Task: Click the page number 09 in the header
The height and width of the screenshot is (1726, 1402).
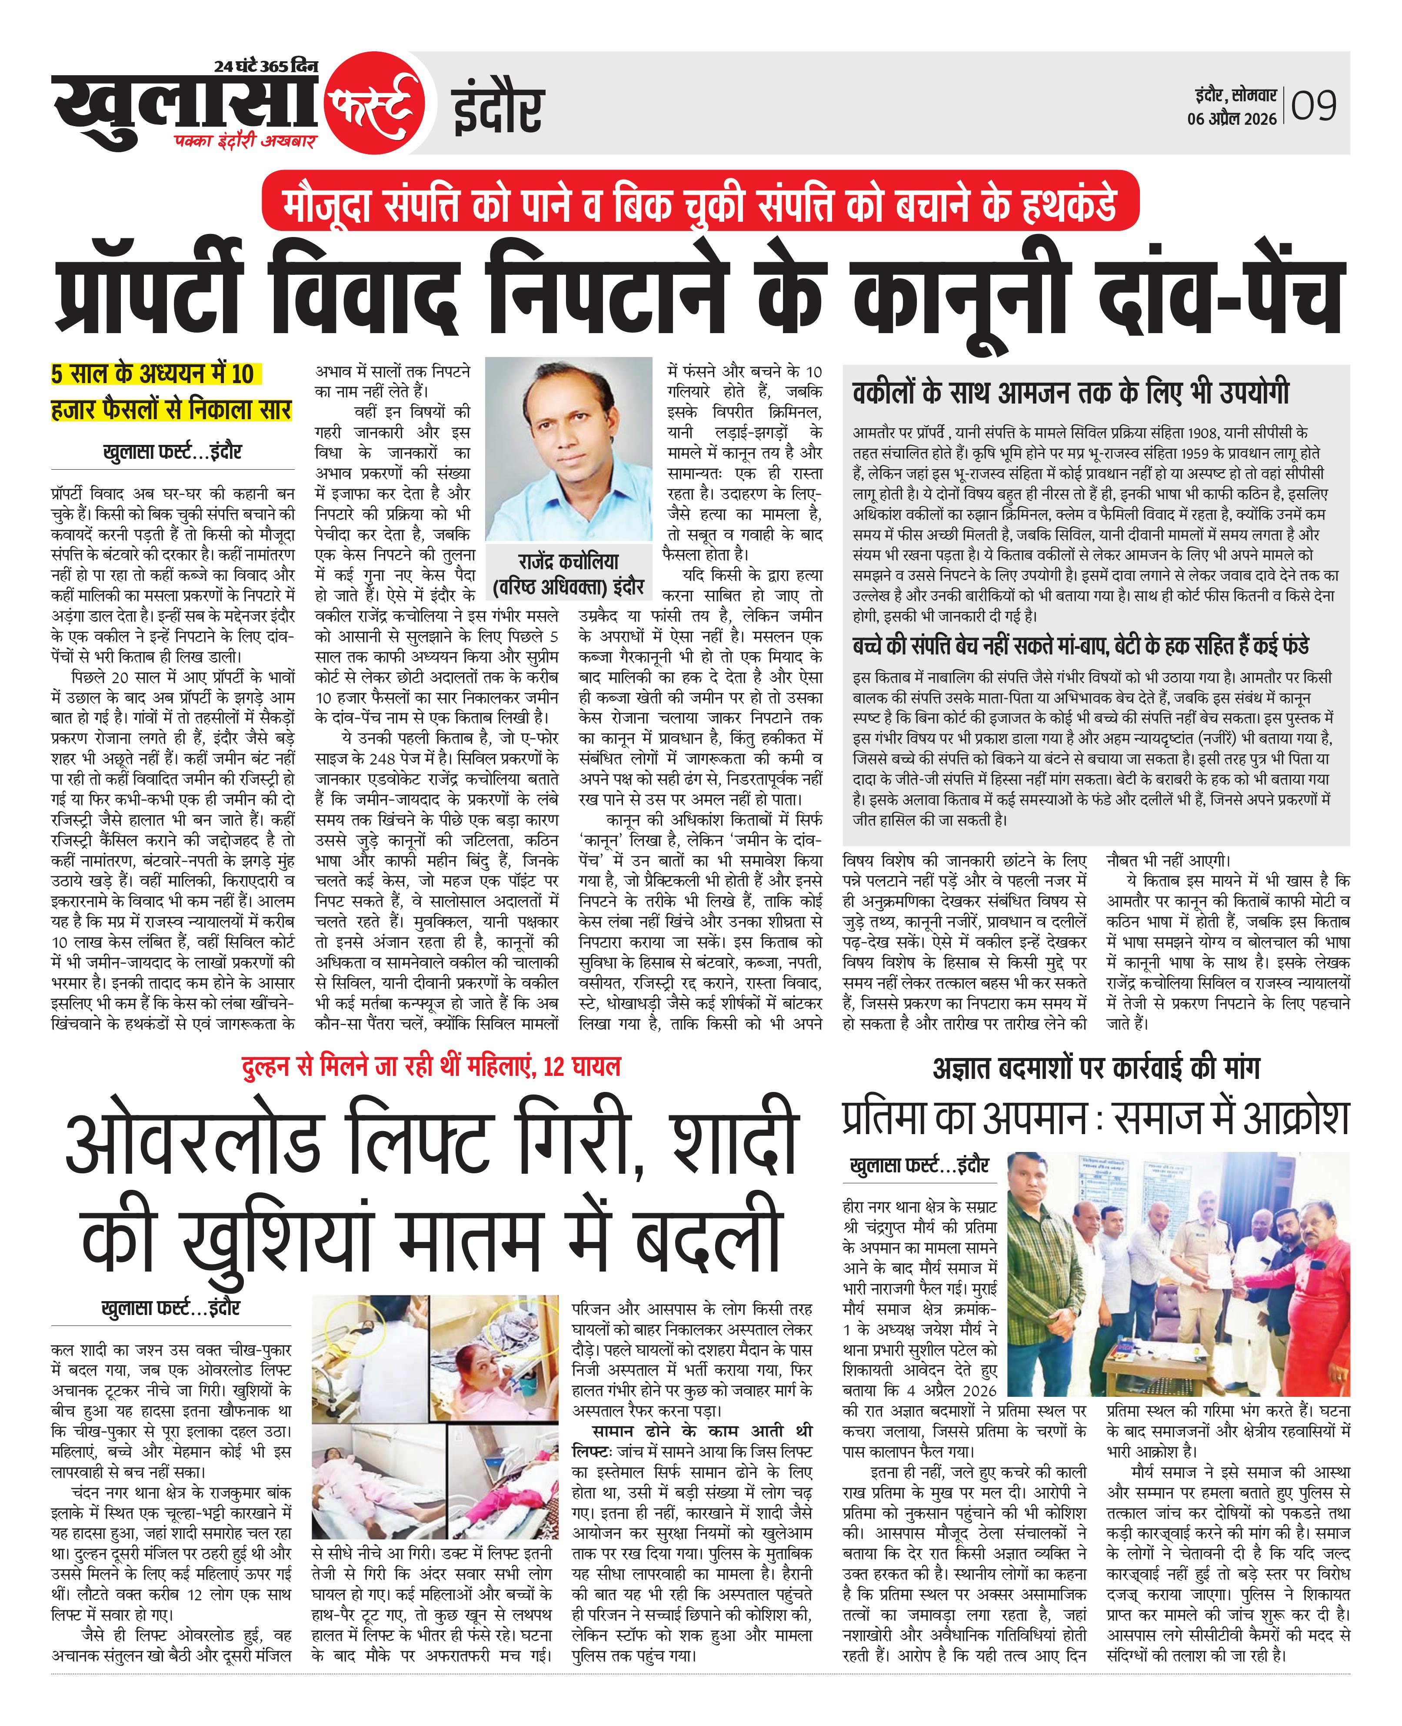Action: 1314,106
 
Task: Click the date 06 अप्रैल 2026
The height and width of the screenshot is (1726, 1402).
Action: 1232,119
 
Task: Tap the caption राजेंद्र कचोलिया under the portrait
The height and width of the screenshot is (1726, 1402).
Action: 569,561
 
